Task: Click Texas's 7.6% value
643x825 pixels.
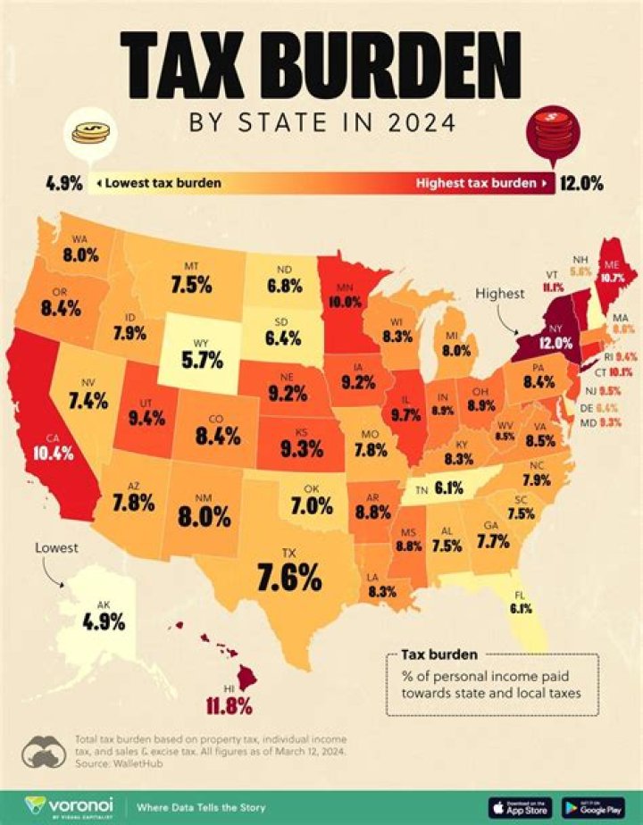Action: click(288, 578)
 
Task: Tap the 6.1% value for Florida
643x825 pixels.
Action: click(522, 609)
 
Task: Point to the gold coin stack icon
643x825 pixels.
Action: click(91, 133)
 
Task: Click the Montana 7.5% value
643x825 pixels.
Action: click(191, 285)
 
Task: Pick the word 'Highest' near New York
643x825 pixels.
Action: click(500, 292)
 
